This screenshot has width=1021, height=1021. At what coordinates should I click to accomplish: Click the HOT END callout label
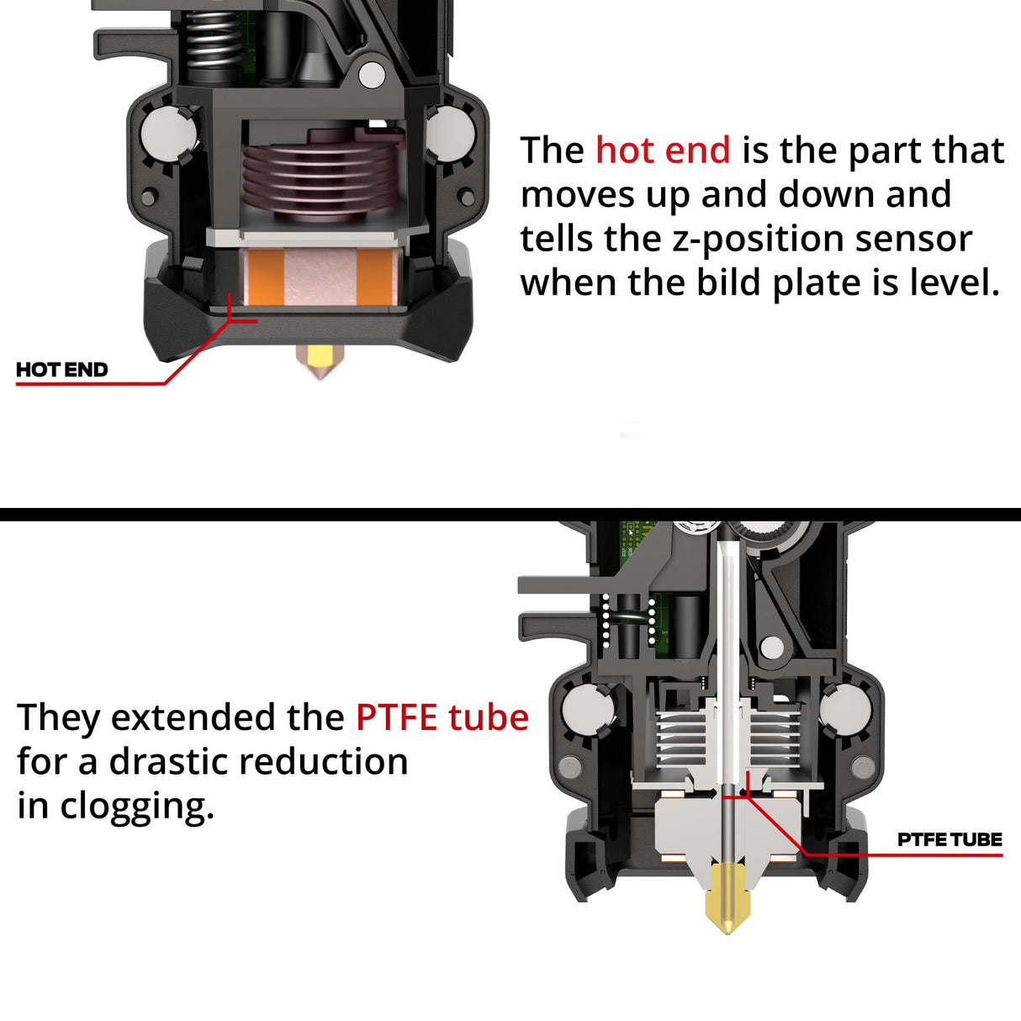tap(61, 370)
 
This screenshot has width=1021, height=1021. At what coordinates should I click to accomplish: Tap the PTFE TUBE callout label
tap(950, 839)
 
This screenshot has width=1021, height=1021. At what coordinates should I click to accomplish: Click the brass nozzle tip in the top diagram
tap(318, 362)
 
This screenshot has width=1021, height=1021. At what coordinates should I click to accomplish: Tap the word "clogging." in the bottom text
tap(137, 807)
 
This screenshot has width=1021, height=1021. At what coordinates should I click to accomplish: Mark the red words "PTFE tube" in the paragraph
tap(442, 718)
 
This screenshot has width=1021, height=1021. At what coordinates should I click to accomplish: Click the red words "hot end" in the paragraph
tap(663, 151)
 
